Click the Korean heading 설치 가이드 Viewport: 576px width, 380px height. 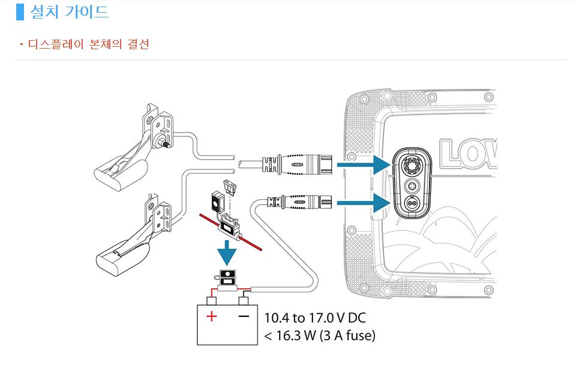coord(70,11)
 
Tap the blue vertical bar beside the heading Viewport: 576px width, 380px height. coord(20,11)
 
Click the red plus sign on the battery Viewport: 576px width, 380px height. coord(212,316)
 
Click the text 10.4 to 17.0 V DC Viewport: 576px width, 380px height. coord(315,318)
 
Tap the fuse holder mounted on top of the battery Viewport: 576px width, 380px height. coord(228,280)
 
